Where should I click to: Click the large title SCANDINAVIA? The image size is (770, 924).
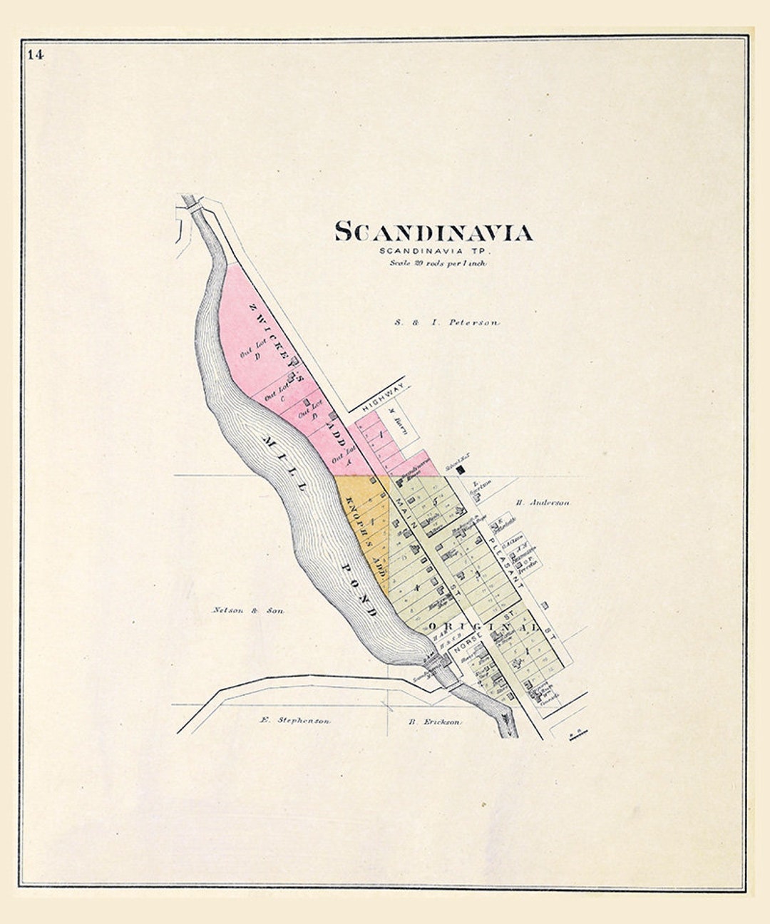click(x=434, y=232)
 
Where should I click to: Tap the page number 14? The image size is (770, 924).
click(x=36, y=54)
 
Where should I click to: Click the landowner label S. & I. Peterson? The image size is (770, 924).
click(x=447, y=323)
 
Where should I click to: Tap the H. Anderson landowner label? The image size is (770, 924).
click(x=543, y=503)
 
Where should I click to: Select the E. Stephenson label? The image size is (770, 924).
click(x=294, y=720)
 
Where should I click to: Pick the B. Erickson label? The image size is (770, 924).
click(x=434, y=722)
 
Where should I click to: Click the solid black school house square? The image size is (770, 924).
click(x=460, y=470)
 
